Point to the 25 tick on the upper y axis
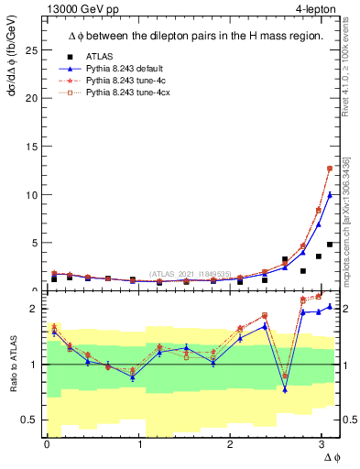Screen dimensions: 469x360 (31, 50)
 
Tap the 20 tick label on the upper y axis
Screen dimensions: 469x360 (31, 99)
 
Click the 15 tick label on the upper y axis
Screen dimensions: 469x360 (31, 147)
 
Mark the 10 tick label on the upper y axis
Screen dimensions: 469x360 (31, 195)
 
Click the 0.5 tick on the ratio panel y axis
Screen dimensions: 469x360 (28, 420)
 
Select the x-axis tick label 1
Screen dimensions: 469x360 (139, 444)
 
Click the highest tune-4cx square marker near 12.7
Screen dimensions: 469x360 (330, 169)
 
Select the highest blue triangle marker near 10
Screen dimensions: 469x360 (330, 194)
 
